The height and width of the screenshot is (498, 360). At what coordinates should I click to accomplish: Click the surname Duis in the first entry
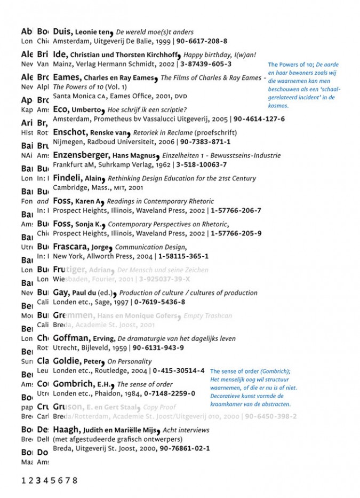pyautogui.click(x=63, y=31)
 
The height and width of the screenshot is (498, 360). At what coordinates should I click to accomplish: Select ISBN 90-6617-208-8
pyautogui.click(x=202, y=41)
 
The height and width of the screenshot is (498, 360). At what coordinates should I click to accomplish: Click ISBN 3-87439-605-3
pyautogui.click(x=206, y=64)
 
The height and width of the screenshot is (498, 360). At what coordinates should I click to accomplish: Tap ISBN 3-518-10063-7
pyautogui.click(x=201, y=165)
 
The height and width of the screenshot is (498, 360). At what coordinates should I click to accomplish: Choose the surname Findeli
pyautogui.click(x=67, y=178)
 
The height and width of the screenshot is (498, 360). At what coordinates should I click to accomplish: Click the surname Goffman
pyautogui.click(x=71, y=338)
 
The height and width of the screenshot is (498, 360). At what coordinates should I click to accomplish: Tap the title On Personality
pyautogui.click(x=129, y=361)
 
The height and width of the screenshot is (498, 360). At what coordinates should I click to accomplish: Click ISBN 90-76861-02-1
pyautogui.click(x=184, y=448)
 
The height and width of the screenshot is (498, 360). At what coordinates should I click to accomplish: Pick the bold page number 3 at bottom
pyautogui.click(x=38, y=480)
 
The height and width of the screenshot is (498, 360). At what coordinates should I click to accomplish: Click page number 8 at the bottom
pyautogui.click(x=75, y=480)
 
